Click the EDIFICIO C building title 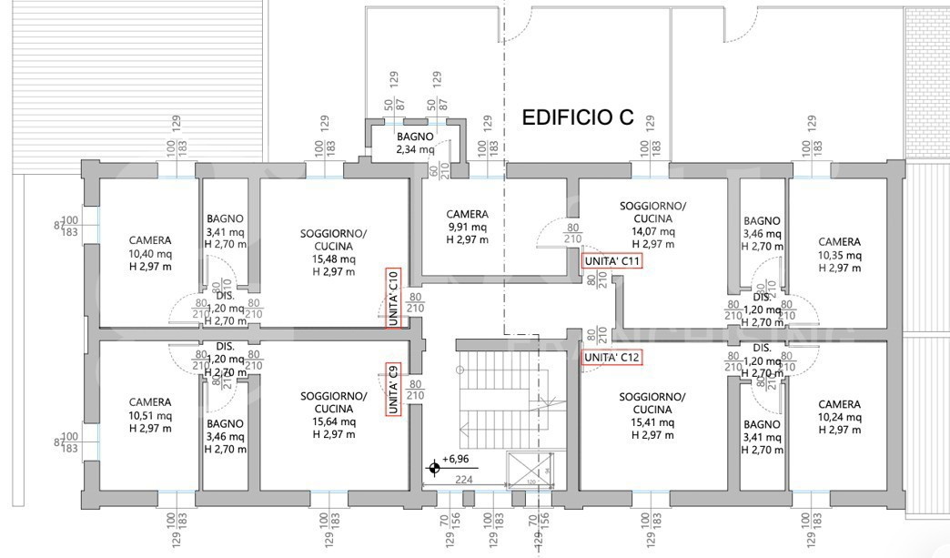pyautogui.click(x=577, y=117)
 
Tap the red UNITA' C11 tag pyautogui.click(x=612, y=261)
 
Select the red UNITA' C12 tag pyautogui.click(x=612, y=357)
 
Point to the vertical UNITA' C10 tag pyautogui.click(x=393, y=297)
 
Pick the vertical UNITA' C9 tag pyautogui.click(x=393, y=390)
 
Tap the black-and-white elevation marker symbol pyautogui.click(x=434, y=469)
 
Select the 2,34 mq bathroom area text pyautogui.click(x=414, y=149)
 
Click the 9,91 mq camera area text pyautogui.click(x=468, y=228)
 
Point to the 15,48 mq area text pyautogui.click(x=333, y=259)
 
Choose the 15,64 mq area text pyautogui.click(x=333, y=421)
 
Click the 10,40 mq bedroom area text pyautogui.click(x=149, y=254)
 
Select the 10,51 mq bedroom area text pyautogui.click(x=149, y=415)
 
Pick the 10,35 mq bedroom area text pyautogui.click(x=838, y=256)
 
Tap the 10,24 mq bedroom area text pyautogui.click(x=838, y=417)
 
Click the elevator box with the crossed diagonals pyautogui.click(x=531, y=471)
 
